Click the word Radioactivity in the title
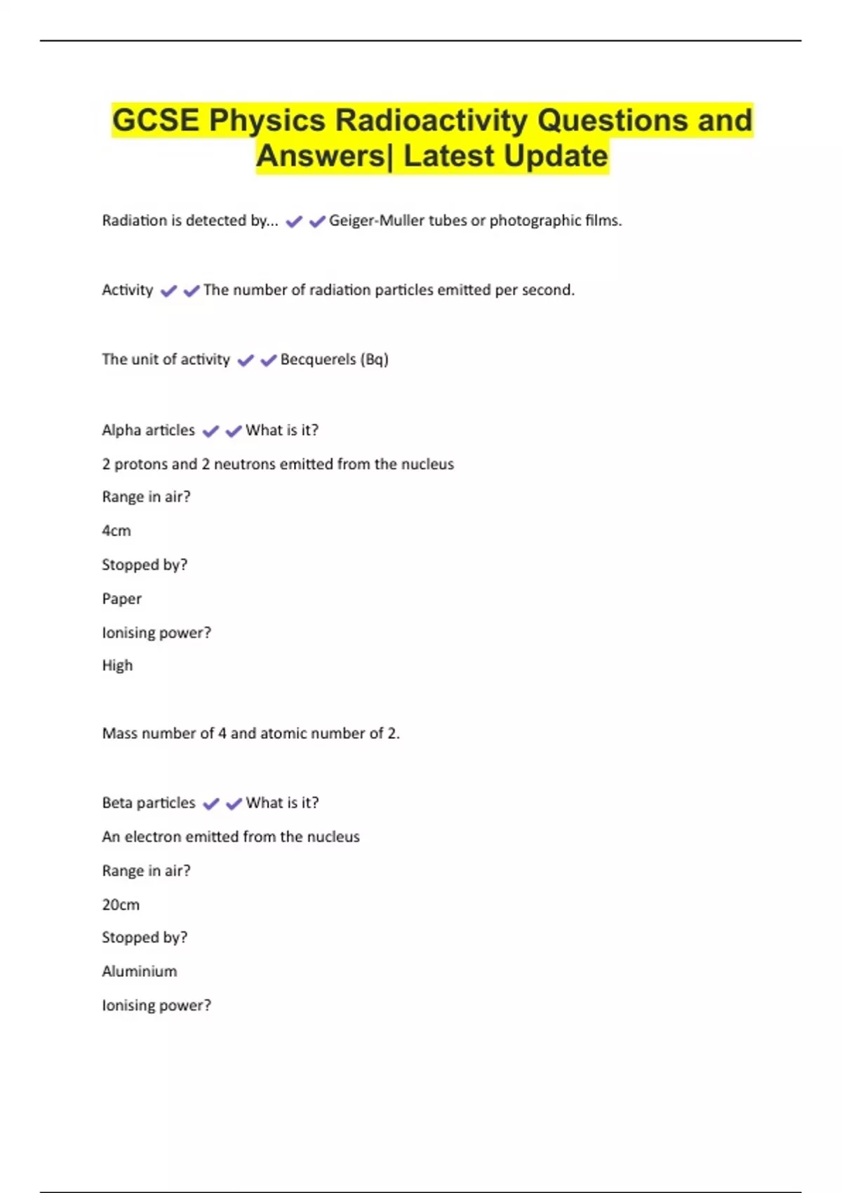point(431,120)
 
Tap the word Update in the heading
point(554,156)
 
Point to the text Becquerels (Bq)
point(334,359)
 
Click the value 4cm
point(116,531)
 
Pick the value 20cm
point(121,905)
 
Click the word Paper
point(122,599)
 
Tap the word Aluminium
point(140,971)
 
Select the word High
point(117,665)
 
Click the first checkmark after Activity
point(168,291)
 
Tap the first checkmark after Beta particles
point(210,804)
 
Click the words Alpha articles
point(149,430)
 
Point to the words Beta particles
point(149,803)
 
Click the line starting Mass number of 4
point(250,733)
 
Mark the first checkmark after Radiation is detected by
point(294,222)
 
